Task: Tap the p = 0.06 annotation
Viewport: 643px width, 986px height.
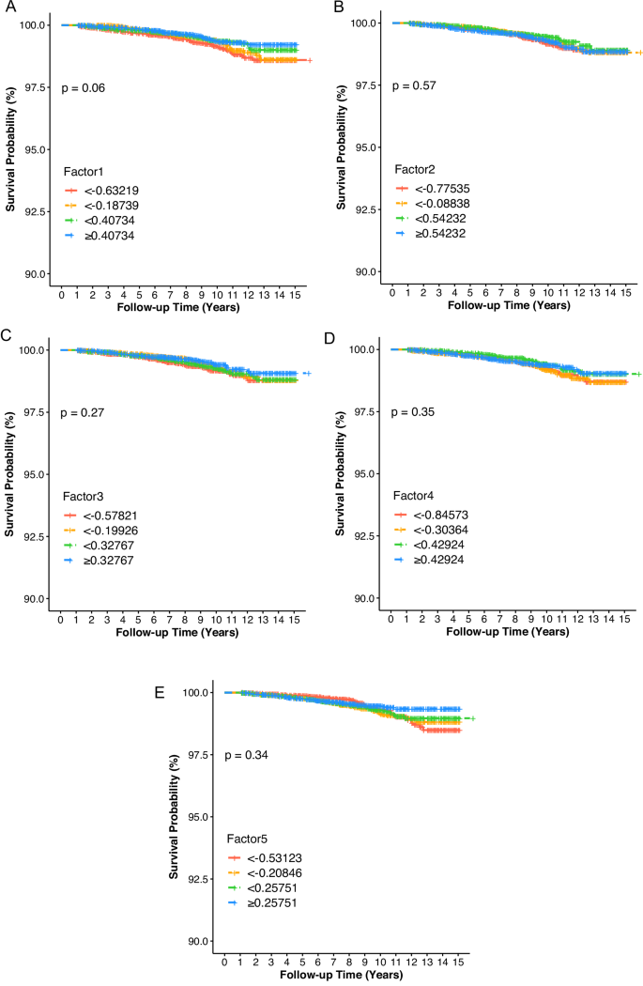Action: coord(84,87)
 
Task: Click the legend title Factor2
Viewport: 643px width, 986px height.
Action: coord(416,166)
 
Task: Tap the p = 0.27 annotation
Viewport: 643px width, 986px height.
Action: coord(84,412)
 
